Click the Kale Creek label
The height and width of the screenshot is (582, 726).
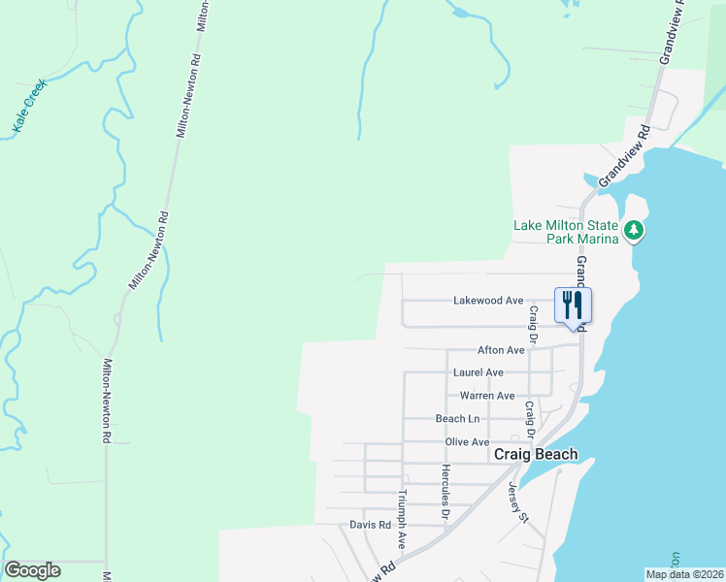30,106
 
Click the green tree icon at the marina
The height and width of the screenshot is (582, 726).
634,231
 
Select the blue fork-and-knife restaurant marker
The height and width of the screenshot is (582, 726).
573,306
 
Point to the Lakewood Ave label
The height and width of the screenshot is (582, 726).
488,301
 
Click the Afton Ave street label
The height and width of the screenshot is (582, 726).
501,350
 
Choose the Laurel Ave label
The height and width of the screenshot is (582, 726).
478,372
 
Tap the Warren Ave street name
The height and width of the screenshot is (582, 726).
487,396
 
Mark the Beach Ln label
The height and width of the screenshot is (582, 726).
457,419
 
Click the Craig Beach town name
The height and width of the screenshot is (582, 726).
536,454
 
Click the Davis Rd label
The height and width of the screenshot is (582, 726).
369,525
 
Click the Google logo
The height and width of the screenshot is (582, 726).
32,570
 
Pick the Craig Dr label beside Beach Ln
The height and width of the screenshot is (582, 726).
530,419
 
